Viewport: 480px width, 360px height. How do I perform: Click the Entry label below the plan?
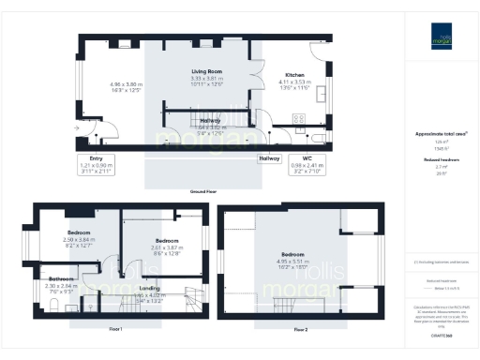click(95, 158)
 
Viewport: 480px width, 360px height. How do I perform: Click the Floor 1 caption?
click(115, 330)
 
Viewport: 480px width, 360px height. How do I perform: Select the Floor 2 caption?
click(300, 330)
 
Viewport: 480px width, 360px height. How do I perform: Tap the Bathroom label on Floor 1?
click(62, 279)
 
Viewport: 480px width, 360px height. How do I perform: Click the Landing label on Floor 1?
click(149, 288)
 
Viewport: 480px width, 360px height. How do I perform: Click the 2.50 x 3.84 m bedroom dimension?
click(80, 240)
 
